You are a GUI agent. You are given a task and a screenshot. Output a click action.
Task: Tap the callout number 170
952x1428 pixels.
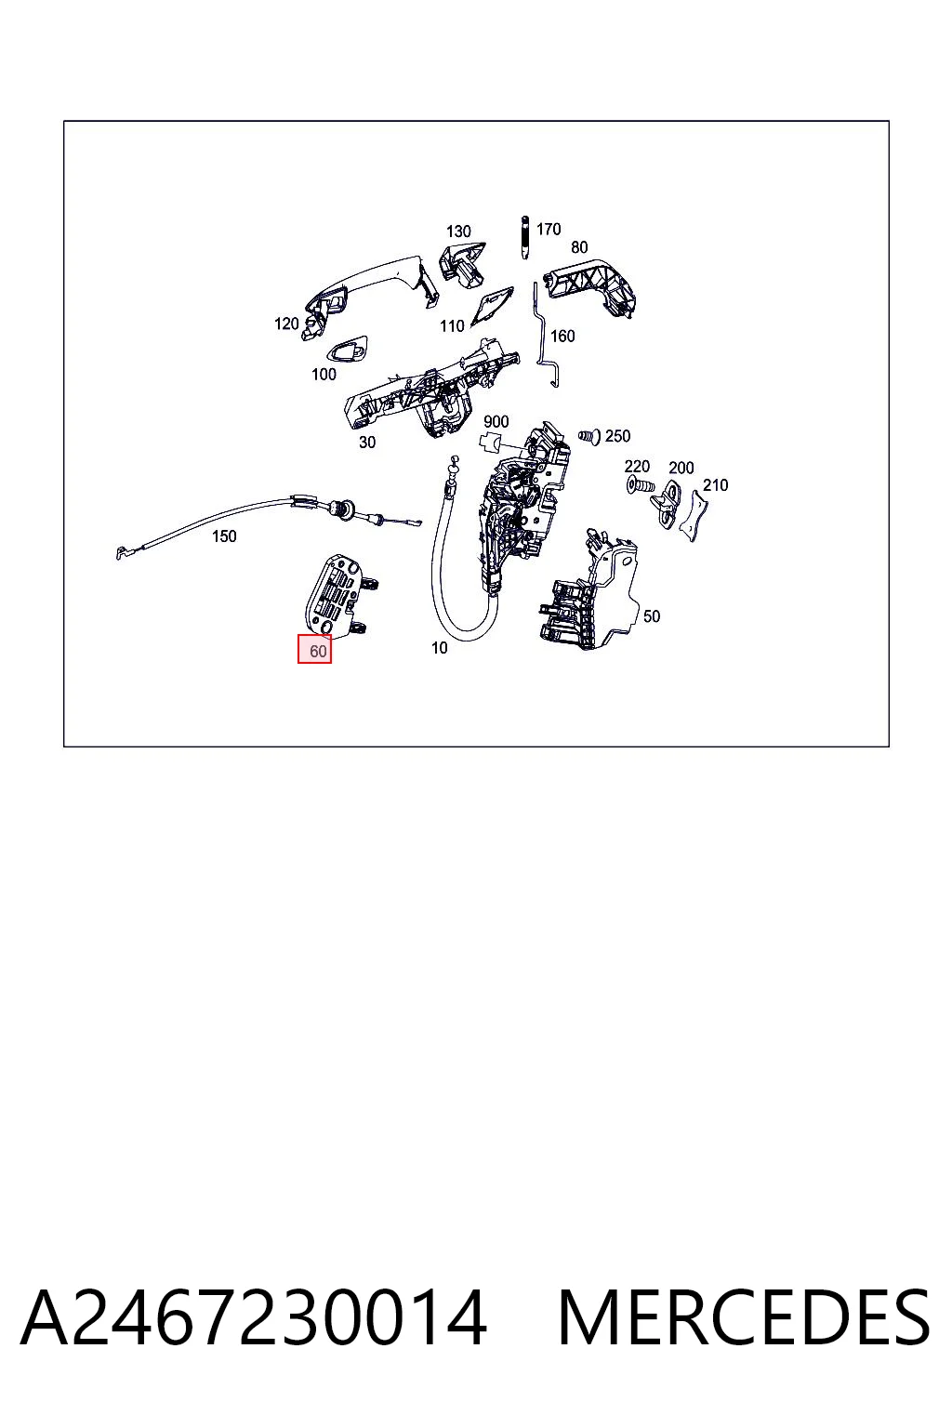(x=549, y=229)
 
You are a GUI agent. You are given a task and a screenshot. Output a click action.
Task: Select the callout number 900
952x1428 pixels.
(x=496, y=421)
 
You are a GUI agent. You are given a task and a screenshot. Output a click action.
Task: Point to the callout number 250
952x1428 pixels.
(x=617, y=436)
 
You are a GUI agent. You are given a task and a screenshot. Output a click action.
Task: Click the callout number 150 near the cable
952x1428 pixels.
(x=224, y=536)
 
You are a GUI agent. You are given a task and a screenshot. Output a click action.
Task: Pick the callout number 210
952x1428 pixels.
(x=715, y=485)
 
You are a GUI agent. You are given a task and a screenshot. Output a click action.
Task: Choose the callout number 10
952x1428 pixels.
(x=440, y=648)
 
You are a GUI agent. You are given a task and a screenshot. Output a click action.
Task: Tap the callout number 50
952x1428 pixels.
(x=651, y=615)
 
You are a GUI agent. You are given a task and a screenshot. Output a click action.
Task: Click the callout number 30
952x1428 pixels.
(x=366, y=442)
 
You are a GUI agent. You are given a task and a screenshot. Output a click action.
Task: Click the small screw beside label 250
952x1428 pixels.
(x=589, y=437)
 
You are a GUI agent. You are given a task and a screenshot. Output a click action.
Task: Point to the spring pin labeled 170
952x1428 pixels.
(x=524, y=237)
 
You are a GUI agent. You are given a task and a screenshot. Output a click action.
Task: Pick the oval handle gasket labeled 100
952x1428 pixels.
(x=348, y=349)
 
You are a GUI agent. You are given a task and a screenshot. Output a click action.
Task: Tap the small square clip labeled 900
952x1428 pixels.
(x=490, y=442)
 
